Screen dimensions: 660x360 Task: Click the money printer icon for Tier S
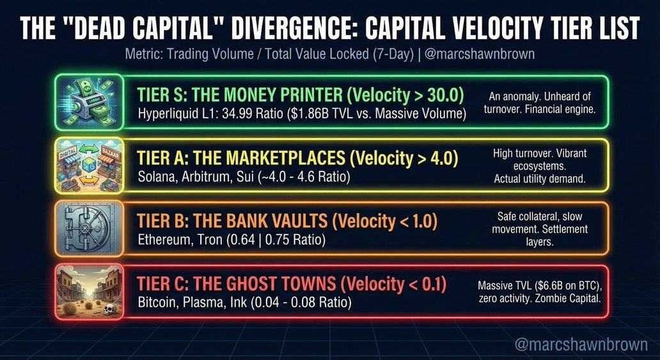pyautogui.click(x=90, y=102)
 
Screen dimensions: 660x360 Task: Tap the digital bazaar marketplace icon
pyautogui.click(x=90, y=166)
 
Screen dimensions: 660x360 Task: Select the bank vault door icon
pyautogui.click(x=90, y=228)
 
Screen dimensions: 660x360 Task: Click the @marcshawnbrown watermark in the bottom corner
pyautogui.click(x=581, y=345)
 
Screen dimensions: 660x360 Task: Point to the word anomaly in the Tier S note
pyautogui.click(x=521, y=97)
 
